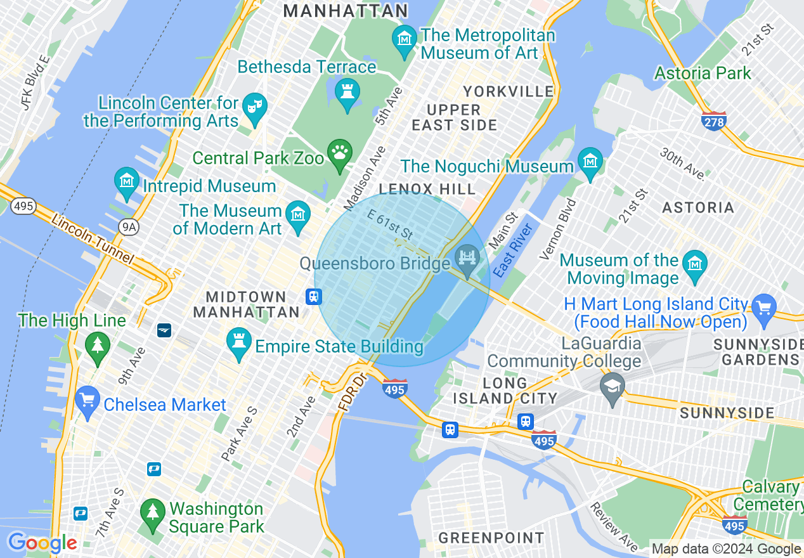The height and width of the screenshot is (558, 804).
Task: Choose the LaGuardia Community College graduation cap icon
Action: click(x=612, y=387)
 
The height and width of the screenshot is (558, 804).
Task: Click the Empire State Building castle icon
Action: click(x=239, y=342)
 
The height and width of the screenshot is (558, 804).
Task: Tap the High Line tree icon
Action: click(x=97, y=346)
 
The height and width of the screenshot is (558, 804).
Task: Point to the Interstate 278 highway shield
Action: click(x=714, y=120)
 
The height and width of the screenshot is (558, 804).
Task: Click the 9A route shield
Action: click(x=129, y=226)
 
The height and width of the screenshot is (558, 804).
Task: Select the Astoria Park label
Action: click(x=703, y=73)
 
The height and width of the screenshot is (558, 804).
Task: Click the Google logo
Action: click(x=42, y=543)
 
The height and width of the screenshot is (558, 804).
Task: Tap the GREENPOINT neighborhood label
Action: click(x=491, y=538)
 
